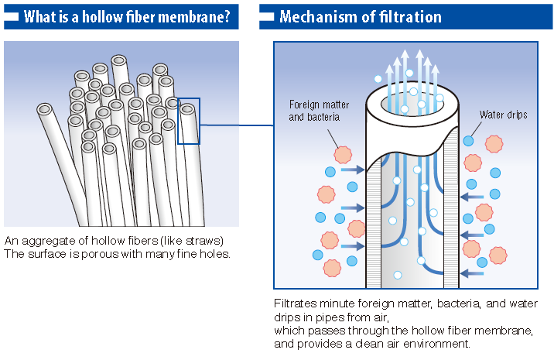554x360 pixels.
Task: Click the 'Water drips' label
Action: (503, 115)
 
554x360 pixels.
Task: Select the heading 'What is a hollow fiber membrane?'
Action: (128, 16)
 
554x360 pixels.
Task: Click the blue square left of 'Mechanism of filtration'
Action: (266, 16)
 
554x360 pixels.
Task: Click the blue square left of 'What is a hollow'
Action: (13, 16)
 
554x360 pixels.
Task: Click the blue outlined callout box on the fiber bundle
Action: (189, 121)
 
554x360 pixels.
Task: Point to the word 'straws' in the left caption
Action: (205, 240)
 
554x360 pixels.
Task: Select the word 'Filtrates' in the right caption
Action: (294, 303)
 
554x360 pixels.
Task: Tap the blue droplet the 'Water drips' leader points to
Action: (469, 141)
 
